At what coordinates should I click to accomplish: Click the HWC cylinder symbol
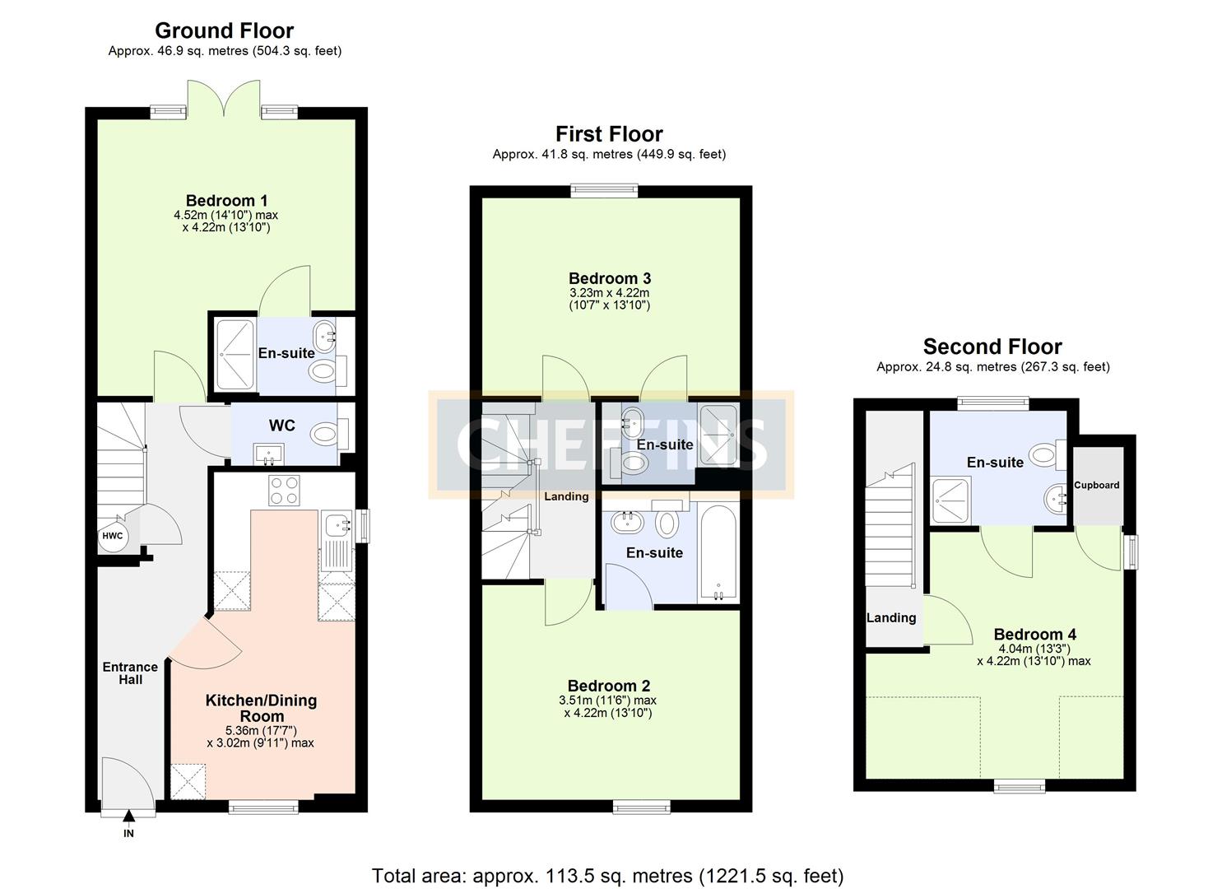coord(112,536)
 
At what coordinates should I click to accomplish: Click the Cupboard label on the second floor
coord(1096,485)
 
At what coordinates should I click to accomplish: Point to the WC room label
coord(282,426)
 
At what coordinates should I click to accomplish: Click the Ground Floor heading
coord(224,30)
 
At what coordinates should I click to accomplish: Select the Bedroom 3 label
coord(609,278)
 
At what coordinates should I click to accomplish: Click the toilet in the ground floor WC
coord(328,433)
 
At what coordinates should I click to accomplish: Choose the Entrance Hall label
coord(130,673)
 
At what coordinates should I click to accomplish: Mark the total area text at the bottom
coord(607,875)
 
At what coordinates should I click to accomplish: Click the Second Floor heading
coord(992,347)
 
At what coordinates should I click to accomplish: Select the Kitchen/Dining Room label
coord(261,708)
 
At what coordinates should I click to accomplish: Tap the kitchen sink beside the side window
coord(337,524)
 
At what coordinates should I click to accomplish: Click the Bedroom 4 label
coord(1034,634)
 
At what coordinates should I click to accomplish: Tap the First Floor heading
coord(609,133)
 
